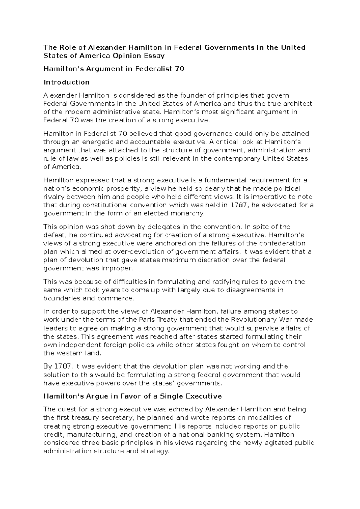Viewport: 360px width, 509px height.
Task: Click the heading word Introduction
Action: click(x=67, y=82)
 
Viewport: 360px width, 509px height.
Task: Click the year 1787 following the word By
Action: click(x=63, y=366)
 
